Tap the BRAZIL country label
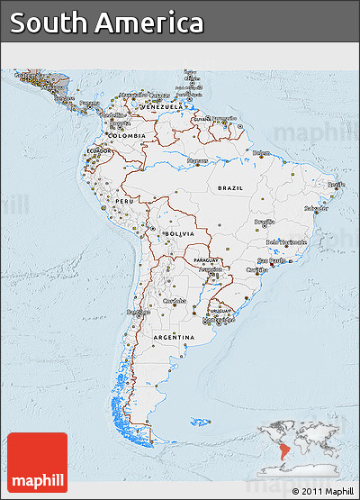point(229,188)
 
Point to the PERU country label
point(124,201)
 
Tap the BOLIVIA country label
point(178,232)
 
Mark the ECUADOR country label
point(98,150)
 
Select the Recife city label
point(336,184)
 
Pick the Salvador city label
point(316,208)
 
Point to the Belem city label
point(261,153)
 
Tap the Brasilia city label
point(264,221)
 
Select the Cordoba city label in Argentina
point(175,300)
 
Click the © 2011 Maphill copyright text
point(321,491)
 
